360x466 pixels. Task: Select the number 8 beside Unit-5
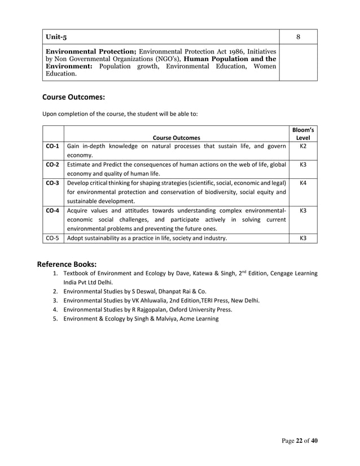click(298, 37)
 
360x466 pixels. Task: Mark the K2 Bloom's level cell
click(302, 146)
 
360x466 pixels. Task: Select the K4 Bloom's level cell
click(302, 183)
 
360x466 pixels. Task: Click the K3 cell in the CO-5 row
click(302, 238)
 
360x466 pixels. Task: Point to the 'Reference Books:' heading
click(67, 263)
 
